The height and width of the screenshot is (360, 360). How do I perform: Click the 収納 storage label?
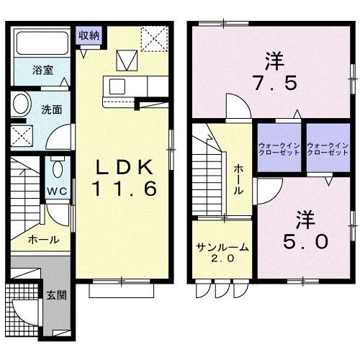pyautogui.click(x=89, y=36)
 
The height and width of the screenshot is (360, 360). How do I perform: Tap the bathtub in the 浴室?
pyautogui.click(x=42, y=43)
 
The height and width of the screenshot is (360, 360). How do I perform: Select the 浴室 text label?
pyautogui.click(x=42, y=71)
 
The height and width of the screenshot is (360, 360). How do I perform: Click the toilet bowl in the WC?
pyautogui.click(x=58, y=168)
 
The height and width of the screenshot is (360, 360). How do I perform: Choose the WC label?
pyautogui.click(x=57, y=191)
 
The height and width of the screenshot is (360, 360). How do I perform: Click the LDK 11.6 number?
pyautogui.click(x=125, y=189)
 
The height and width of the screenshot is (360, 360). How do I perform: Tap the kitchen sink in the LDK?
pyautogui.click(x=117, y=86)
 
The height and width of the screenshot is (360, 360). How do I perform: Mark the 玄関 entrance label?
pyautogui.click(x=56, y=295)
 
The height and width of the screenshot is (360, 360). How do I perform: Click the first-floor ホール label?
pyautogui.click(x=44, y=240)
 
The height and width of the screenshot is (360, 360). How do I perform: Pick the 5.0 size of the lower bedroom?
pyautogui.click(x=305, y=241)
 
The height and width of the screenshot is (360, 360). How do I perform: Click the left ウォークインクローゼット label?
pyautogui.click(x=279, y=149)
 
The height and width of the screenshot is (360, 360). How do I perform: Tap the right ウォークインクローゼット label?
pyautogui.click(x=328, y=149)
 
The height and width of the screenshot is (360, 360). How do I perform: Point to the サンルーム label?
pyautogui.click(x=222, y=247)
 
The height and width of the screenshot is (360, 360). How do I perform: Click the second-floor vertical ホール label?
pyautogui.click(x=238, y=179)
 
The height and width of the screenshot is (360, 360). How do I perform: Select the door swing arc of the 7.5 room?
pyautogui.click(x=245, y=101)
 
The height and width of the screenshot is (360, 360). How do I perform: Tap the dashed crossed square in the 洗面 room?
pyautogui.click(x=22, y=136)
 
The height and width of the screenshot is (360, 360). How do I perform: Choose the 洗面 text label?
pyautogui.click(x=52, y=109)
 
